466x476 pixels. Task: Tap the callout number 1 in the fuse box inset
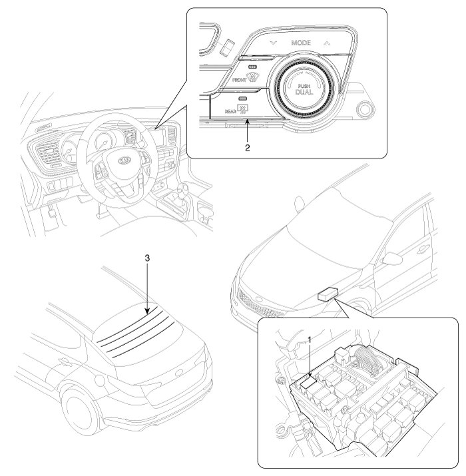coord(308,340)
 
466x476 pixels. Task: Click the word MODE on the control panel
coord(301,43)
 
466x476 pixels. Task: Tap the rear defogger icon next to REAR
coord(252,110)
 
